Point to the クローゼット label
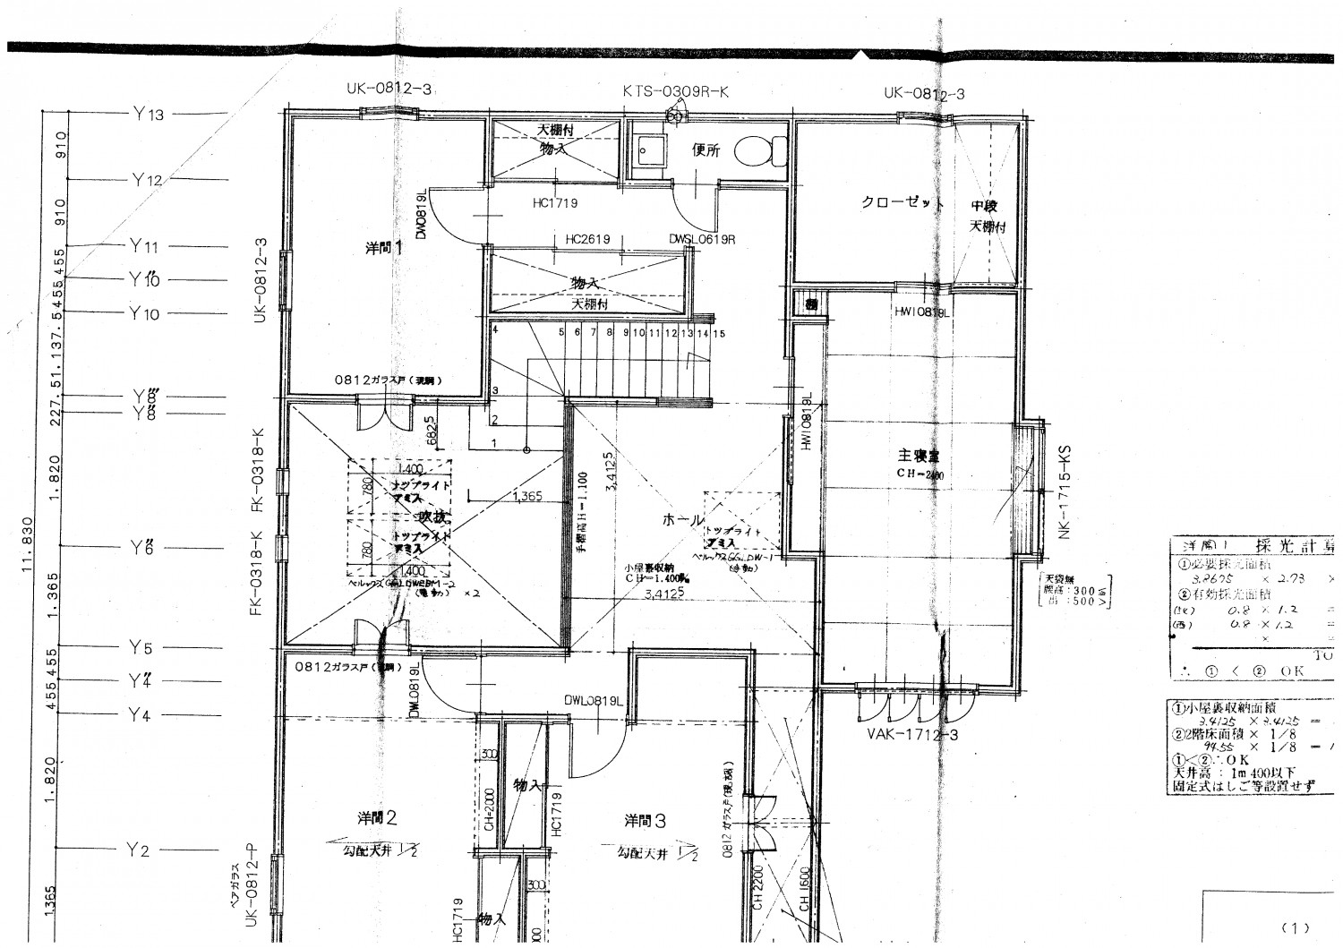(x=902, y=202)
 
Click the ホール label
(x=682, y=520)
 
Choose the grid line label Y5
(x=141, y=647)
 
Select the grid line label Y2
(x=138, y=850)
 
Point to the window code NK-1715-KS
(x=1065, y=492)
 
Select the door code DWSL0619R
(x=702, y=239)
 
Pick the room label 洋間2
(x=377, y=818)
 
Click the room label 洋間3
(x=646, y=819)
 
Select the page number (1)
(x=1294, y=927)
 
